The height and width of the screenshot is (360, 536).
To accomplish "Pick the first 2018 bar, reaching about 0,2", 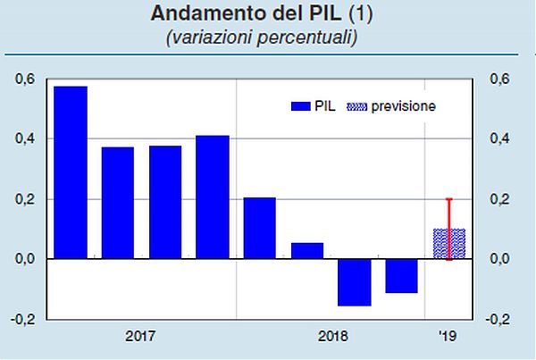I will tap(259, 228).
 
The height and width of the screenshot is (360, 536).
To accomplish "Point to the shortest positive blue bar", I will tap(306, 250).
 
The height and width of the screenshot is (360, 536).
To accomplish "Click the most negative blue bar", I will tap(354, 282).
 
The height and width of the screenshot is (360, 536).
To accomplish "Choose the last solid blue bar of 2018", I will tap(401, 276).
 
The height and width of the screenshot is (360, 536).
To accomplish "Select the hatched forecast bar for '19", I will tap(448, 244).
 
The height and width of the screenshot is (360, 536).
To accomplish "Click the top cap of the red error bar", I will tap(448, 199).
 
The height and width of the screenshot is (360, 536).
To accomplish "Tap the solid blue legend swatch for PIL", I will tap(299, 106).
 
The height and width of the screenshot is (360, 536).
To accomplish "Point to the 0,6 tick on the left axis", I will tap(25, 80).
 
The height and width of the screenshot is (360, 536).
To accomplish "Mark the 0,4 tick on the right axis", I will tap(498, 139).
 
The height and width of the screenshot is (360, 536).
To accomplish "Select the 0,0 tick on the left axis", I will tap(25, 259).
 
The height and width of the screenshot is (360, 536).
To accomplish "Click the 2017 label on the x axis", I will tap(140, 338).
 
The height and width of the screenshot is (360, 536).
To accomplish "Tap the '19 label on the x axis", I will tap(448, 338).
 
